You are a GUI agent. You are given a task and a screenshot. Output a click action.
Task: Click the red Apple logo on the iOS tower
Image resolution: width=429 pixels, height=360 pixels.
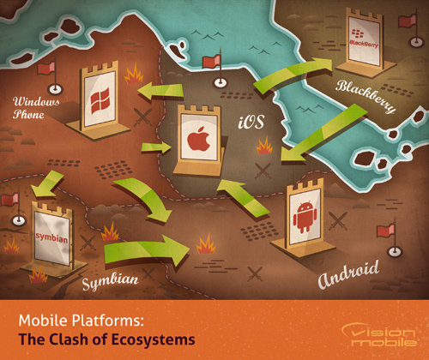point(199,139)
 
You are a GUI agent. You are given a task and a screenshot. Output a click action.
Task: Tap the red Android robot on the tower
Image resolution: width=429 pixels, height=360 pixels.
point(305,217)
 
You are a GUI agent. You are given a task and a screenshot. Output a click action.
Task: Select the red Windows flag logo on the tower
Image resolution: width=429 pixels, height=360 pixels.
point(100,100)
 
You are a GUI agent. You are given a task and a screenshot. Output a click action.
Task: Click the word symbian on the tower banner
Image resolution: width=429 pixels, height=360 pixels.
point(51,237)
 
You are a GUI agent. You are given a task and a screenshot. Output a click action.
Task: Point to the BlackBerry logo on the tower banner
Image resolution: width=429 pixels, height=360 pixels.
point(363,39)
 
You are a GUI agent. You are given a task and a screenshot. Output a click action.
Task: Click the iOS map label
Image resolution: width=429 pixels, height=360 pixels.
point(251,123)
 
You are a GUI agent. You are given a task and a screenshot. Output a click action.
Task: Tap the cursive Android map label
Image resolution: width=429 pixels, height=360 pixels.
point(348,274)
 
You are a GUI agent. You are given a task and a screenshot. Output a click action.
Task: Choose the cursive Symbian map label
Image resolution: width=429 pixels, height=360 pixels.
point(110,281)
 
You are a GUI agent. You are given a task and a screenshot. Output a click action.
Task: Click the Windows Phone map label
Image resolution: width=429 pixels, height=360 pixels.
point(36,108)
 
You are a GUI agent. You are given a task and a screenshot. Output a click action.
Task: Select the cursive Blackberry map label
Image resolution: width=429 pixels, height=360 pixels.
point(366,96)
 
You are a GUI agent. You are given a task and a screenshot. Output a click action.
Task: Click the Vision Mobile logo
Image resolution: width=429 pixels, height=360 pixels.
point(379,334)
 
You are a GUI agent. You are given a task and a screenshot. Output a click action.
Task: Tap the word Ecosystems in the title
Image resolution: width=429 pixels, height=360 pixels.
point(153,340)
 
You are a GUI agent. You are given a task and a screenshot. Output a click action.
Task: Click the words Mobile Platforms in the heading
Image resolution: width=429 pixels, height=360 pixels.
point(81,321)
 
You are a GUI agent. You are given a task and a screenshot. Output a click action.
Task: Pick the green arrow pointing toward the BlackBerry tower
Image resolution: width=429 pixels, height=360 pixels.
point(293,75)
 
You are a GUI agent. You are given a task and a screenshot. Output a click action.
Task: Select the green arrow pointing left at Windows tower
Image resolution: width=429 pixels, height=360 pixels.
point(160,92)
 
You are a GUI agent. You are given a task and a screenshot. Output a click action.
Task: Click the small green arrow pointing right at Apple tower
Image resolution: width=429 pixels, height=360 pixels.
point(156,147)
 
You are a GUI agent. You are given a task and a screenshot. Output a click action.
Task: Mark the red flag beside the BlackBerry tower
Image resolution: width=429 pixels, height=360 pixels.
point(408,21)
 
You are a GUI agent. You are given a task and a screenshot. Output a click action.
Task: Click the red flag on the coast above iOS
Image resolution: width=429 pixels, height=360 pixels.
point(211,62)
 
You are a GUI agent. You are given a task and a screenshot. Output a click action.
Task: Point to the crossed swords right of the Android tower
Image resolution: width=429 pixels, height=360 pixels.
point(338,220)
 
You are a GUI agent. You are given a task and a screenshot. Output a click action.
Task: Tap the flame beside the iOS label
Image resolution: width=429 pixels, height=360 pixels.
point(264,145)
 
